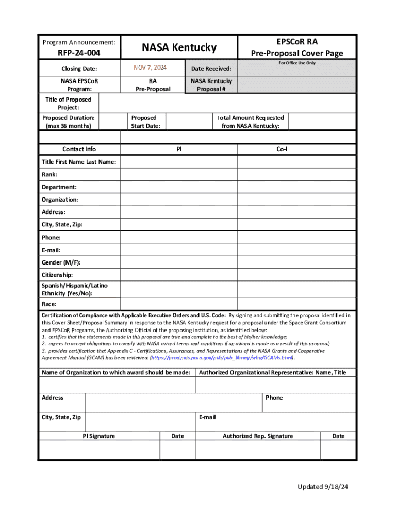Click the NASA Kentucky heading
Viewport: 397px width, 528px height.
click(179, 47)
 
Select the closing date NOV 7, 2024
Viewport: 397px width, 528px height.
click(150, 68)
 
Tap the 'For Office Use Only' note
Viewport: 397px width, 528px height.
click(296, 63)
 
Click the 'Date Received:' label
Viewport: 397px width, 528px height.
click(211, 69)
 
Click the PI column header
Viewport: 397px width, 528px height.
click(179, 149)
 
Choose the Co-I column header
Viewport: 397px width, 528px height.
click(296, 149)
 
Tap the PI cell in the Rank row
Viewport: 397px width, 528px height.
click(179, 175)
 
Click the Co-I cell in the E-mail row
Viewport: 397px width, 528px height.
click(296, 250)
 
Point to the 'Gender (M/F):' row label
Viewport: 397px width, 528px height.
click(61, 262)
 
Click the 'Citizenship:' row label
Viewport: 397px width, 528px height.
click(57, 275)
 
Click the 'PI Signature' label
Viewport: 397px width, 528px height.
click(99, 436)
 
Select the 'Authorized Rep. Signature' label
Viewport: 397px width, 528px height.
click(257, 436)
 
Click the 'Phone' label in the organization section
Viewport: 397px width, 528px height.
click(274, 398)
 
